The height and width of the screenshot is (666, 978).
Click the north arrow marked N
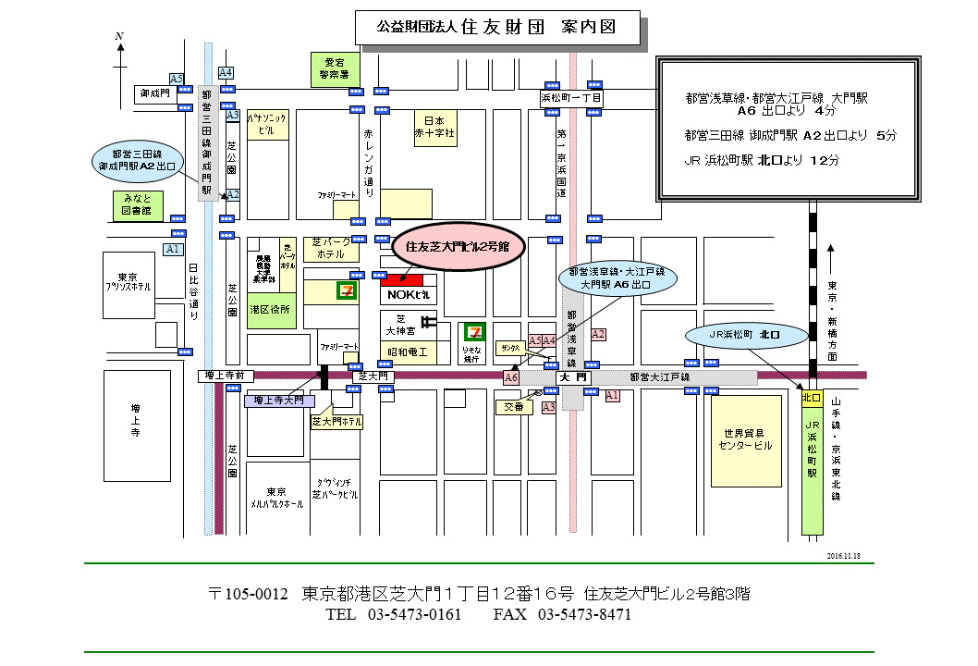(120, 65)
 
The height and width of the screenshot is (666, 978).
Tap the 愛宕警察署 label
(330, 67)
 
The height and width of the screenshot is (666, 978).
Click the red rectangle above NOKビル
(401, 278)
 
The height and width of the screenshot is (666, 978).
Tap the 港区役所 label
(270, 309)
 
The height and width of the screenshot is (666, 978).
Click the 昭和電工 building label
(408, 352)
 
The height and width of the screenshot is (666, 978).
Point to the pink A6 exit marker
(511, 378)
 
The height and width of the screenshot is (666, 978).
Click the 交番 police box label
(513, 406)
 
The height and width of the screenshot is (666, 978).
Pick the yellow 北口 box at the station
(811, 398)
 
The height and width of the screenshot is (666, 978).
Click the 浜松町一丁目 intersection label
(571, 97)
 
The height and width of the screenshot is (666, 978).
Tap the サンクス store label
(510, 348)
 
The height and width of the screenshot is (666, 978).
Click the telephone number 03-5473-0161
(414, 615)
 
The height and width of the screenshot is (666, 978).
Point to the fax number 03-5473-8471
(584, 615)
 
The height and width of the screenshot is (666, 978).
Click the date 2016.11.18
(843, 556)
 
